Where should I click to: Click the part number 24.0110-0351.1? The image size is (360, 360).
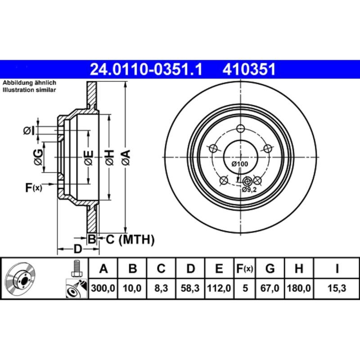coord(146,69)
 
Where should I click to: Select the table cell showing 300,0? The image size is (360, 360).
coord(103,288)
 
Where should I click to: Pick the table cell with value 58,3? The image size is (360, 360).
coord(190,288)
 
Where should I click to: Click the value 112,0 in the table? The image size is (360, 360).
coord(219,288)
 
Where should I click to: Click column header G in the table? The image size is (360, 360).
coord(270,269)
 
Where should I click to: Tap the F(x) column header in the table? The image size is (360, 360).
coord(245,269)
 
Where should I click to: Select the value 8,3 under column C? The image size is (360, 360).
coord(161,288)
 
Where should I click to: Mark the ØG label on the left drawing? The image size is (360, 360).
coord(39,157)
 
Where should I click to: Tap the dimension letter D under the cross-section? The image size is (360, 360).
coord(77,249)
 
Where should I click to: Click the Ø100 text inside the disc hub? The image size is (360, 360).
coord(240,164)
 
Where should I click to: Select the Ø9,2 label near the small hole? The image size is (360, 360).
coord(249,190)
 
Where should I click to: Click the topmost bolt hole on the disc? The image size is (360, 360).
coord(241,128)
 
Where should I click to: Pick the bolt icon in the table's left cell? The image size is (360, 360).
coord(76,269)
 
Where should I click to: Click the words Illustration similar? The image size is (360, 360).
coord(30,90)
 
